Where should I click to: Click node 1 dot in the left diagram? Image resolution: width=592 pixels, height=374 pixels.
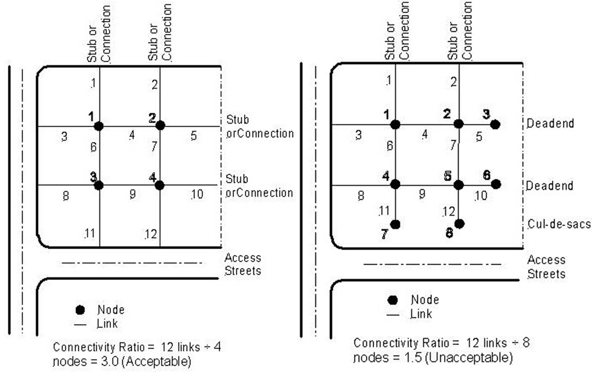pos(99,126)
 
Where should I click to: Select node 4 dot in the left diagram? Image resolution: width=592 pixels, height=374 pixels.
pos(160,186)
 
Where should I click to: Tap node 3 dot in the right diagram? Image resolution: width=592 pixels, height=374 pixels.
pos(495,124)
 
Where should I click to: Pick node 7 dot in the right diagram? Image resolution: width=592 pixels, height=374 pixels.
pos(395,225)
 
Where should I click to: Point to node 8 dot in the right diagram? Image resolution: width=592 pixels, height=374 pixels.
pos(459,224)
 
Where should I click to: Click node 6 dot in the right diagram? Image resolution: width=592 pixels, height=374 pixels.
pos(496,184)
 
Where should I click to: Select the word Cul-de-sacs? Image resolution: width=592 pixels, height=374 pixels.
pos(559,224)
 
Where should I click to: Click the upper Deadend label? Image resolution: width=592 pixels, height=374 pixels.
pos(550,123)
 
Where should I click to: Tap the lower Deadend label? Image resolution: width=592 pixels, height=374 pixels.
pos(549,186)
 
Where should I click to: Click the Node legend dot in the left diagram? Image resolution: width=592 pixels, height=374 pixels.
pos(80,310)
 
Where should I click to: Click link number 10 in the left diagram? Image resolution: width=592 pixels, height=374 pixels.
pos(197,194)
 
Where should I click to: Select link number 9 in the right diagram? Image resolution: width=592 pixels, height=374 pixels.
pos(422,194)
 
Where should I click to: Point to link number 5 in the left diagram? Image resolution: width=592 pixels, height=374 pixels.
pos(194,136)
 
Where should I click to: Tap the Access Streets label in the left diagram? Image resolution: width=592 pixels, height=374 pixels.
pos(243,264)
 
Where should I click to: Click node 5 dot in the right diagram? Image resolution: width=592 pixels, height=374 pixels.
pos(458,185)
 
